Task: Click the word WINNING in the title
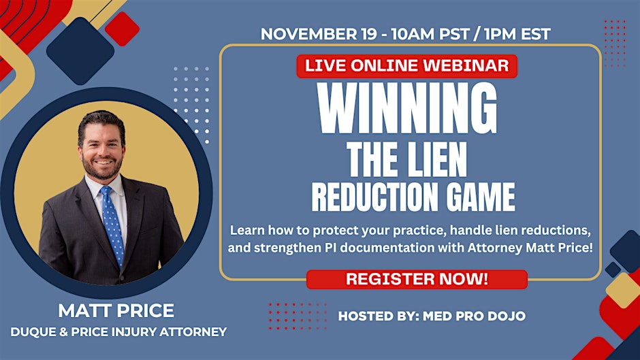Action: (407, 108)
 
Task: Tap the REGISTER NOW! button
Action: (417, 279)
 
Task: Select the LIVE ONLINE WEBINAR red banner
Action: (407, 66)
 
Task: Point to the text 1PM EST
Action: (517, 34)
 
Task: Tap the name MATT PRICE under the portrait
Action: (116, 310)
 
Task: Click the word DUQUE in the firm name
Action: (33, 332)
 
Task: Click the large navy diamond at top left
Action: (80, 50)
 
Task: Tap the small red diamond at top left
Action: (122, 29)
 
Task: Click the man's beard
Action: (102, 168)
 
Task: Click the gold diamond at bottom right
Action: (622, 290)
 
